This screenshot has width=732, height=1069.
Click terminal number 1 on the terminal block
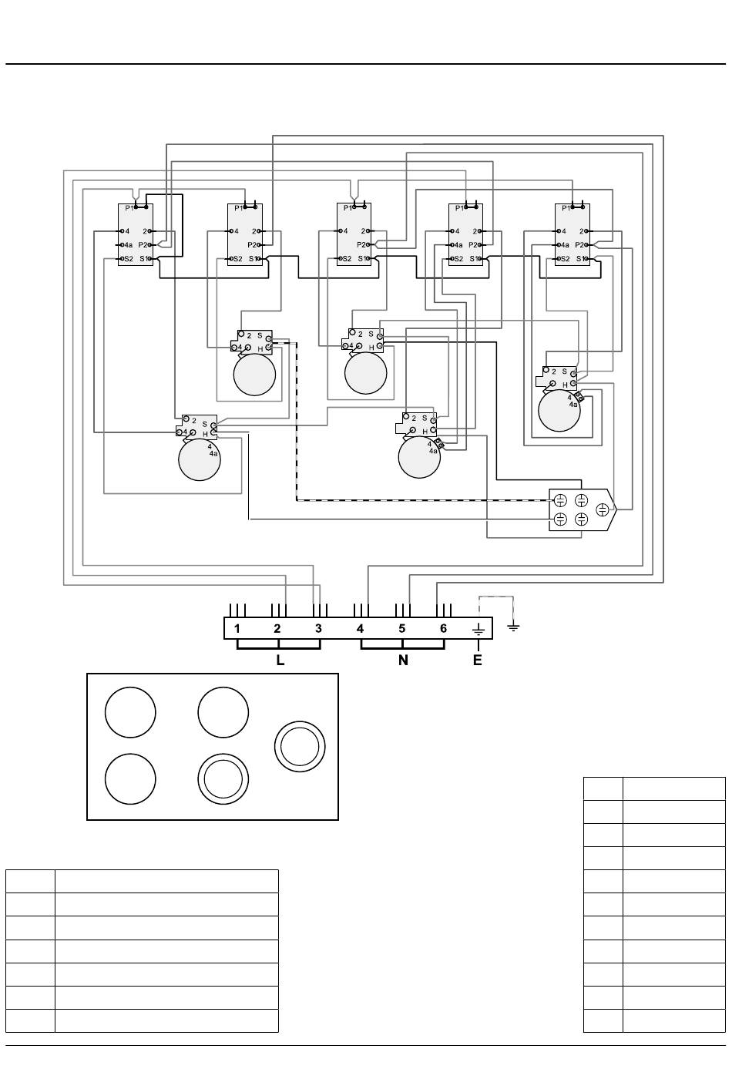click(237, 628)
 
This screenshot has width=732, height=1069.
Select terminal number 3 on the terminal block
click(319, 628)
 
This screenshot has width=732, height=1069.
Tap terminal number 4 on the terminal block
click(361, 628)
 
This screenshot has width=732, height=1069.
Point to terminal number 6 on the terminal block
click(443, 628)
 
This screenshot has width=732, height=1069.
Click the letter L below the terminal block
click(280, 660)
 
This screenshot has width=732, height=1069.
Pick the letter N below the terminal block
click(403, 660)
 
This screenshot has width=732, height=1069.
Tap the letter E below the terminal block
click(477, 660)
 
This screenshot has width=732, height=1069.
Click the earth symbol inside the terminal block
click(478, 630)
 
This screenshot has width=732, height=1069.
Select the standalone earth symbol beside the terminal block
click(513, 627)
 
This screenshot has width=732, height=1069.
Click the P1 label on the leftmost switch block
click(129, 208)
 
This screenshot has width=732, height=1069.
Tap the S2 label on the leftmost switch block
click(129, 259)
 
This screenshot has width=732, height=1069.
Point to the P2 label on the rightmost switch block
click(579, 245)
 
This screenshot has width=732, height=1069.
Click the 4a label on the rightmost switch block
click(565, 245)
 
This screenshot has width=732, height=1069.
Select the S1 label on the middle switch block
click(363, 259)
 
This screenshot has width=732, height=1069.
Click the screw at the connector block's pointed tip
click(603, 509)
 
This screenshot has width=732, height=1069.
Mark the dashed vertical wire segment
click(297, 422)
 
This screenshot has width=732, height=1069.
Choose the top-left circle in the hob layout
click(130, 712)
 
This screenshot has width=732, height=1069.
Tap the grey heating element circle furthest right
click(559, 411)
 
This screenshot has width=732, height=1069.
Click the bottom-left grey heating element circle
click(200, 459)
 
